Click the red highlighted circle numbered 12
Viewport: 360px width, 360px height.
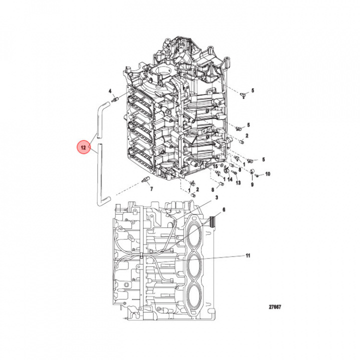pos(83,148)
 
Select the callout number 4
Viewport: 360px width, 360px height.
pos(110,91)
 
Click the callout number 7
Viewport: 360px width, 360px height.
pos(151,189)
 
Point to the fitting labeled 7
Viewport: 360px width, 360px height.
pos(146,180)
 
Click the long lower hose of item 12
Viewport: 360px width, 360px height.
pos(101,175)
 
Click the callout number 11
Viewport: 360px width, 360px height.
pos(248,255)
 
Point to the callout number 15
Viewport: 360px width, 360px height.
pos(216,165)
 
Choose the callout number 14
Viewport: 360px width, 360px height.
pos(229,178)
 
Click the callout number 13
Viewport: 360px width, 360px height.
pos(238,183)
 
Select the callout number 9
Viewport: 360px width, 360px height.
pos(252,184)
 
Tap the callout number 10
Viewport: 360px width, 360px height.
pos(267,174)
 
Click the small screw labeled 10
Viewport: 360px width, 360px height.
pos(260,174)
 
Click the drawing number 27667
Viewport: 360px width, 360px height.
pos(273,307)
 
